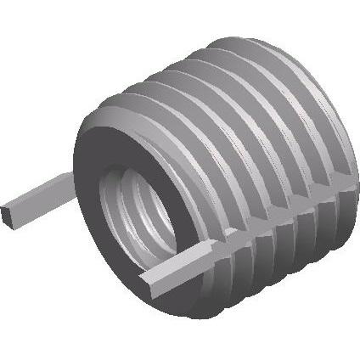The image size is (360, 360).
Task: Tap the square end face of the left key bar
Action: (x=10, y=213)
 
